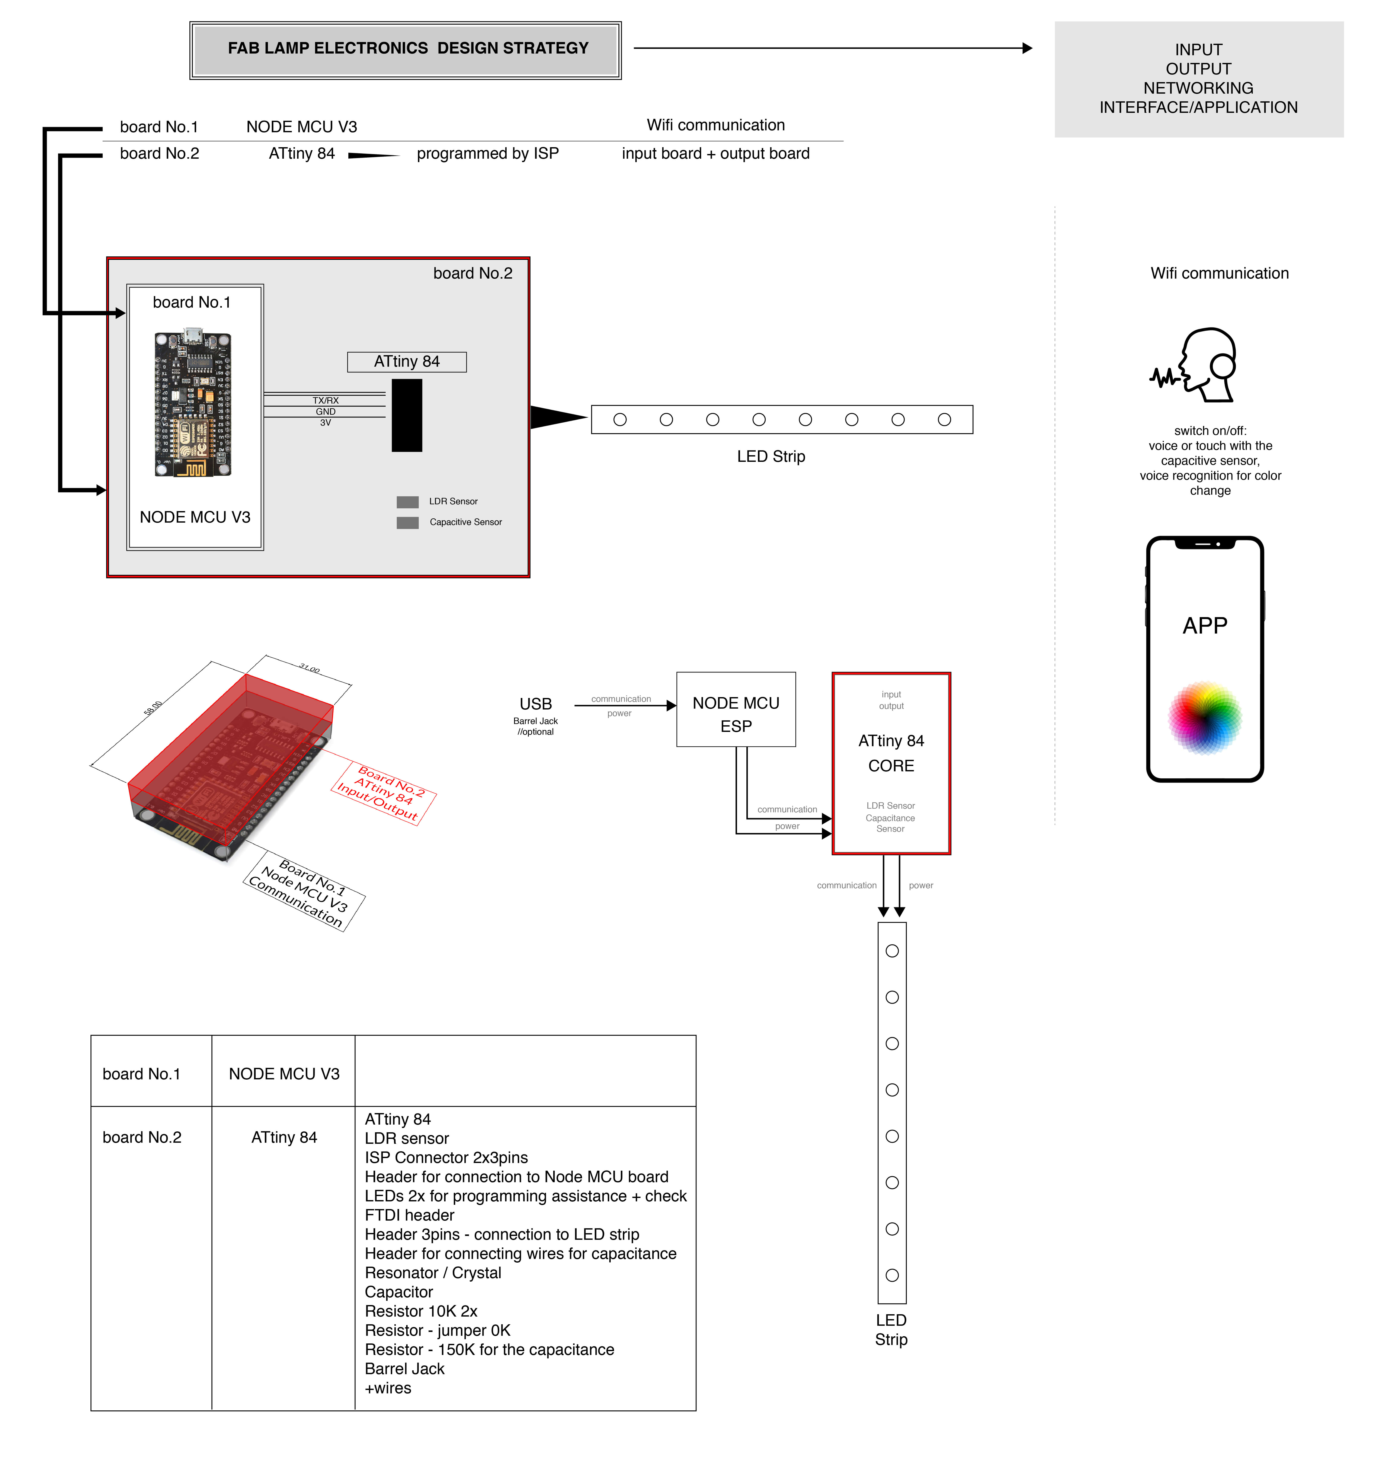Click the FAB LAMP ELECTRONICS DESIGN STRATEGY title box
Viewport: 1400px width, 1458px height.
406,49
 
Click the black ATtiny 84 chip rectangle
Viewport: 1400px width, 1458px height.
407,415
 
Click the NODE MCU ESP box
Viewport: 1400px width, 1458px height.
736,710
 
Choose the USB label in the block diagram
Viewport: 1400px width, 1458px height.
536,704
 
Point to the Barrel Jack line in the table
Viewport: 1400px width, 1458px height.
405,1369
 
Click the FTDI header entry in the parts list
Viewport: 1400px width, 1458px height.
409,1215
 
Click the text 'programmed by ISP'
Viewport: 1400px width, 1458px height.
487,154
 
